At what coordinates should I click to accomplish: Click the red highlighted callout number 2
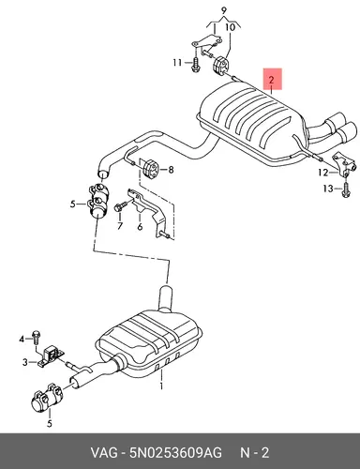(271, 80)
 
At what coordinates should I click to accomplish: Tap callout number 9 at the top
(223, 11)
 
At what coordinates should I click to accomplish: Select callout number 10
(230, 27)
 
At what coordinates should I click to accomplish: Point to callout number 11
(177, 63)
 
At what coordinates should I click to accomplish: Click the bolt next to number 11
(195, 65)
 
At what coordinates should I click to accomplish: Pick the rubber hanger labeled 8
(151, 169)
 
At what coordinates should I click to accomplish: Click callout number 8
(171, 170)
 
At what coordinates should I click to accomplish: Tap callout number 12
(323, 173)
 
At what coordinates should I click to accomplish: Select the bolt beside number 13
(346, 190)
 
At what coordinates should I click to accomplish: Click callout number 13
(328, 189)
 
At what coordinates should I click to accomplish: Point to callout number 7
(120, 225)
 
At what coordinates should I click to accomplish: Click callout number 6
(140, 226)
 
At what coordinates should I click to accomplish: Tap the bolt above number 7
(121, 206)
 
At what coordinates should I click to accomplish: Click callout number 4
(22, 339)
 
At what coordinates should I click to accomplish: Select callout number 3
(25, 362)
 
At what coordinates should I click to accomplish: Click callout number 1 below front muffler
(161, 386)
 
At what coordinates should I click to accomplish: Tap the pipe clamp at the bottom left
(46, 398)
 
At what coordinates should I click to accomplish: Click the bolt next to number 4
(36, 338)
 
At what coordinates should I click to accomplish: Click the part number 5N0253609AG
(175, 452)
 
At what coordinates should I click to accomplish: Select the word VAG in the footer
(104, 452)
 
